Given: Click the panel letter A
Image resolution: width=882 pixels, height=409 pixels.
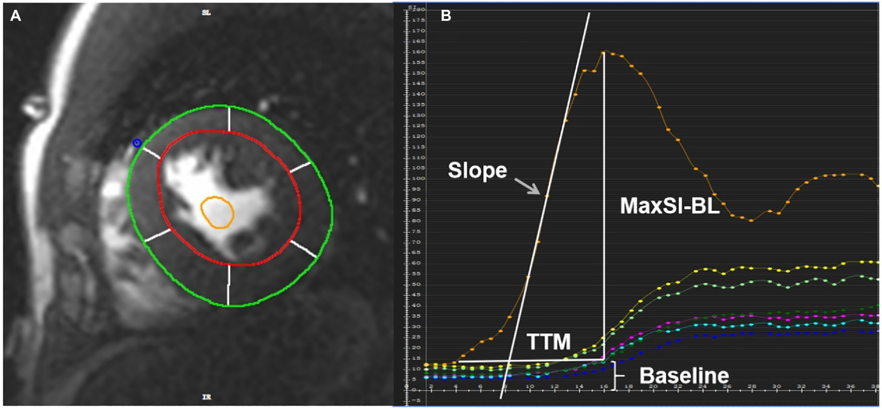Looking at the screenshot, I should (16, 16).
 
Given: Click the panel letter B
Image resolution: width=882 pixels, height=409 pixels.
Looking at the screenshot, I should (445, 16).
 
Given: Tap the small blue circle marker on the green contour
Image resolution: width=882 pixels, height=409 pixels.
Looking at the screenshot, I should (136, 142).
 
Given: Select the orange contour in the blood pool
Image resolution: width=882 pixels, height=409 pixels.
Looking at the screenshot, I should (217, 213).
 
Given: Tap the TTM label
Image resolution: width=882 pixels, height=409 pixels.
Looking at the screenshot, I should (548, 343).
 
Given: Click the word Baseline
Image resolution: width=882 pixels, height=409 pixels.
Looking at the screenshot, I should (684, 376).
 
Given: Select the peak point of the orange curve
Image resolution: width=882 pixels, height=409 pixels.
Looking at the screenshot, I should (603, 52).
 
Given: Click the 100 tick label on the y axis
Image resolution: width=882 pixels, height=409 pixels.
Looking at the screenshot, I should (418, 179).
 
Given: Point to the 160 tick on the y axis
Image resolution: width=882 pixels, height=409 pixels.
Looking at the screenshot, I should (418, 52).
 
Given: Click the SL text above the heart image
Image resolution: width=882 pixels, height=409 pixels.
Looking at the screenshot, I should (206, 13).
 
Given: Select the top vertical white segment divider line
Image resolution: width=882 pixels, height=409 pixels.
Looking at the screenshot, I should (229, 118).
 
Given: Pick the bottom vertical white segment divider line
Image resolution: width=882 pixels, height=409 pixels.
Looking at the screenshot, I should (229, 284).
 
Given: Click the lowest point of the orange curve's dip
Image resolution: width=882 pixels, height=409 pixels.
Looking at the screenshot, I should (751, 220).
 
